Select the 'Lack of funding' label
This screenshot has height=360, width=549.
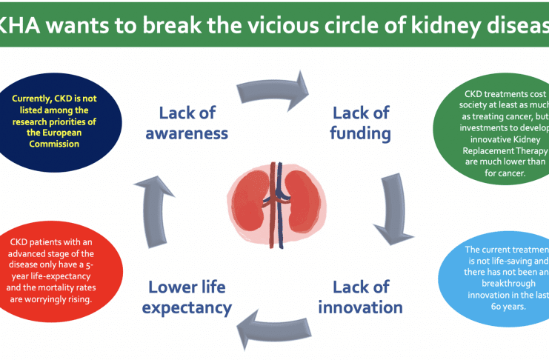[360, 123]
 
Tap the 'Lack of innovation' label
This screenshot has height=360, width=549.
[360, 296]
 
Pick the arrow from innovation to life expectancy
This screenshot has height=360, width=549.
[277, 326]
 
